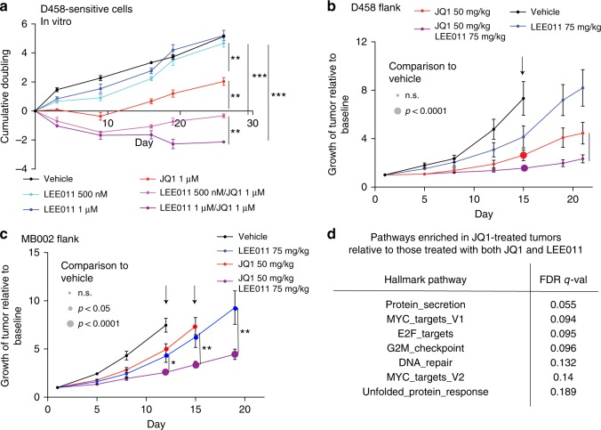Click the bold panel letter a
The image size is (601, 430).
pos(6,6)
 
